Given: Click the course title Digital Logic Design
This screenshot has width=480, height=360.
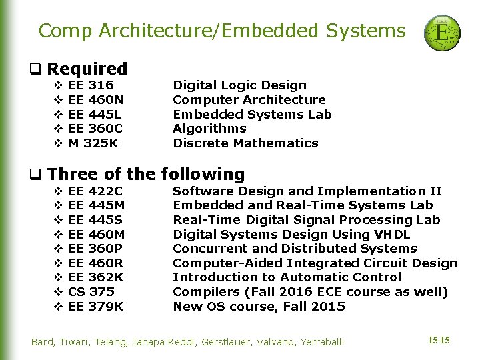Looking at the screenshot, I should pyautogui.click(x=239, y=85).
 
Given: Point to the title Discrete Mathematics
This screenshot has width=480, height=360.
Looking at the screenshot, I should pyautogui.click(x=245, y=143).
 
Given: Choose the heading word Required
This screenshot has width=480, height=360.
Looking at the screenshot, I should pyautogui.click(x=87, y=69).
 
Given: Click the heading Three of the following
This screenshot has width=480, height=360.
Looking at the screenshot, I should pyautogui.click(x=146, y=175).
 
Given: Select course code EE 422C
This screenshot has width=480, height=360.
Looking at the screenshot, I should pyautogui.click(x=96, y=191).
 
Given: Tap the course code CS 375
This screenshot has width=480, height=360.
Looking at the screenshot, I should pyautogui.click(x=91, y=292).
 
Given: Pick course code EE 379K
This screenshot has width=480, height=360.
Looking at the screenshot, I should pyautogui.click(x=96, y=307).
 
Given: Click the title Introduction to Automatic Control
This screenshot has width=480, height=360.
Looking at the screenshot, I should pyautogui.click(x=287, y=277).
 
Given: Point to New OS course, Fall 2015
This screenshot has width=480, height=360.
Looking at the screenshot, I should pyautogui.click(x=259, y=307).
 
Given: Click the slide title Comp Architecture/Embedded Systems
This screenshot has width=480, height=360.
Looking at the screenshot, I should pyautogui.click(x=222, y=31).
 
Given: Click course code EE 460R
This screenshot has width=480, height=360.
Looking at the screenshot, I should pyautogui.click(x=96, y=263).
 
